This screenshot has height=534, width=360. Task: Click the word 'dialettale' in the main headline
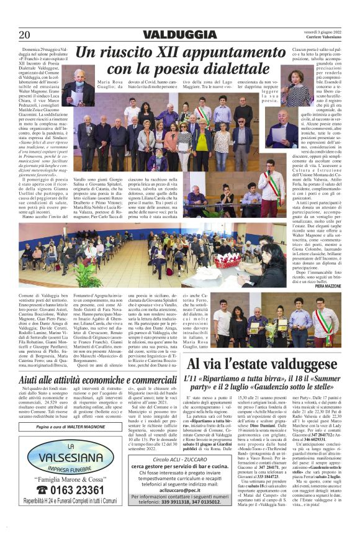tap(229, 68)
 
